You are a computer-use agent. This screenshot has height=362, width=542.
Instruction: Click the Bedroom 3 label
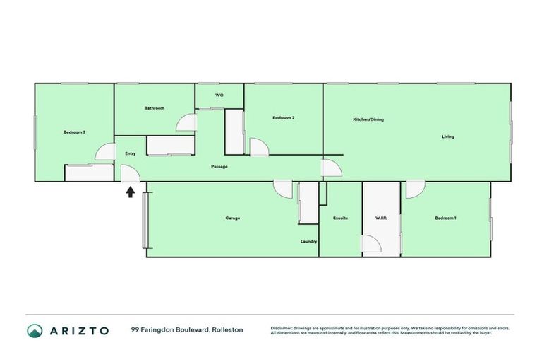coord(74,132)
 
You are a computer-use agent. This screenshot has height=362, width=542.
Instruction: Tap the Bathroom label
coord(155,108)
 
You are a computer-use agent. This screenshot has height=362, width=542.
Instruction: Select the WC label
coord(219,95)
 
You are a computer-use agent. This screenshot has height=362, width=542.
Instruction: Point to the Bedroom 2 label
coord(284,118)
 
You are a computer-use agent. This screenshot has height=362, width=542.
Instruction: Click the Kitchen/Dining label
coord(368,119)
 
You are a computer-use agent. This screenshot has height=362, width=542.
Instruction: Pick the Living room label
coord(448,136)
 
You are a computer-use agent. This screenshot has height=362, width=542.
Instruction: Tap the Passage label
coord(219,167)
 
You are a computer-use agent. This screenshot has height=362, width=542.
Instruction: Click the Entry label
coord(131,153)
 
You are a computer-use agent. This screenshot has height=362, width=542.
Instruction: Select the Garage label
coord(233,218)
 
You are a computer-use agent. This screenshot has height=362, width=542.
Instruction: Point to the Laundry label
coord(308,241)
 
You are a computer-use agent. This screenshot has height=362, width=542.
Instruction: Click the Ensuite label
coord(340,218)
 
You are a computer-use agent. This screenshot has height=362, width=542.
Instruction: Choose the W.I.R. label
coord(381,218)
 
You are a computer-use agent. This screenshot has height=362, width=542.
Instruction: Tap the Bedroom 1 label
coord(445,218)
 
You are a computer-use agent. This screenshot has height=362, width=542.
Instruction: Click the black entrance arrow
coord(131,191)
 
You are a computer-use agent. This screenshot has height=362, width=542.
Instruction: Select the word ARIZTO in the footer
coord(79,330)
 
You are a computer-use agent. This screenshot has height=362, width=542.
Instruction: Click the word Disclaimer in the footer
coord(282,328)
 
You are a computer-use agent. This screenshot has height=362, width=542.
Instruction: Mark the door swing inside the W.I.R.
coord(372,244)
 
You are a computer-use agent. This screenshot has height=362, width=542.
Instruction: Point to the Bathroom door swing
coord(187,122)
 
